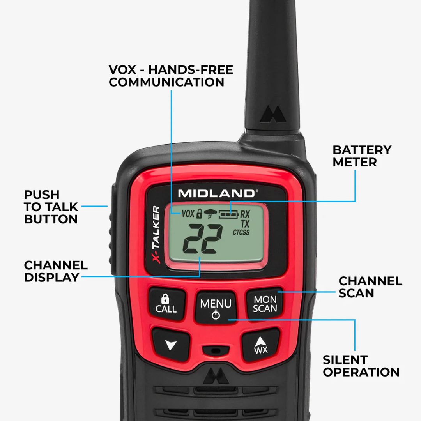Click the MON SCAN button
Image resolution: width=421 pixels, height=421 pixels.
[265, 304]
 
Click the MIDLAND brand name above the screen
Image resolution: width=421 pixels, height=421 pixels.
[216, 193]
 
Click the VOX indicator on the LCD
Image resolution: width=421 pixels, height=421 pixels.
[188, 214]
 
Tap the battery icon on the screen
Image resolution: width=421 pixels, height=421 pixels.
[228, 214]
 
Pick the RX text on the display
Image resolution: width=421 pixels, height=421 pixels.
[245, 214]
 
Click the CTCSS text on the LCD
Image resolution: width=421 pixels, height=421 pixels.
[241, 233]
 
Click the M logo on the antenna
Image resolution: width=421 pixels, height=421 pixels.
[271, 114]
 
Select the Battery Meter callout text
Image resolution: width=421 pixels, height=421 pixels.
[362, 156]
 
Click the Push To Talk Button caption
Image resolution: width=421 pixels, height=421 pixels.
[51, 207]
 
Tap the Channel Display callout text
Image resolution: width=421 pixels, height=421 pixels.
[55, 271]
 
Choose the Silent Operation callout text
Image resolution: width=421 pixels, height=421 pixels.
[361, 366]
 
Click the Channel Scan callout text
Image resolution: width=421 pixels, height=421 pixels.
[370, 287]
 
